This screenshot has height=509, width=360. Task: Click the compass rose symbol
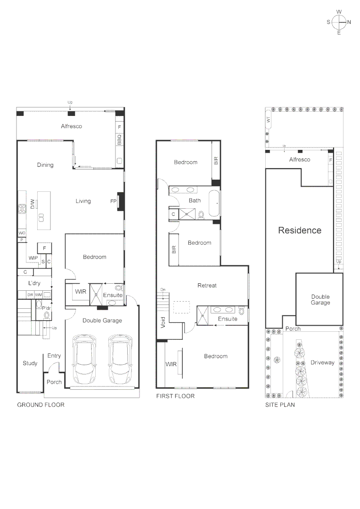coord(339,22)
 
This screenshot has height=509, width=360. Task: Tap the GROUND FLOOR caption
coord(41,405)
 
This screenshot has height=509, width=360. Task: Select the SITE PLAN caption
coord(280,405)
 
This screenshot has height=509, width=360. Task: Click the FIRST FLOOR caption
coord(175,396)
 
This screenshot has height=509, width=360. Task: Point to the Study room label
coord(30,363)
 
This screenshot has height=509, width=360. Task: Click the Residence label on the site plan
coord(300,230)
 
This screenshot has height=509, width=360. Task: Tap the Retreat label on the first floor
coord(207,286)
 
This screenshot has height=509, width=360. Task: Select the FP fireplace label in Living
coord(114,201)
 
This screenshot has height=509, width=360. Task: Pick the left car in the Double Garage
coord(84,360)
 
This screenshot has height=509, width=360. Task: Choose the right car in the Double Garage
coord(119,360)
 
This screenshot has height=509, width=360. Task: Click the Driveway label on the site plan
coord(322,362)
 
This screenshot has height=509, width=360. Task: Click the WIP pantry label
coord(33,258)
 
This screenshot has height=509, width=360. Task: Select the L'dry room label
coord(34,283)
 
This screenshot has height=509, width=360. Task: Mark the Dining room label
coord(45,165)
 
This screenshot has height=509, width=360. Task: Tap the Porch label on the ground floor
coord(54,382)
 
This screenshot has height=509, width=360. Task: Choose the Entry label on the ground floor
coord(54,356)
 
